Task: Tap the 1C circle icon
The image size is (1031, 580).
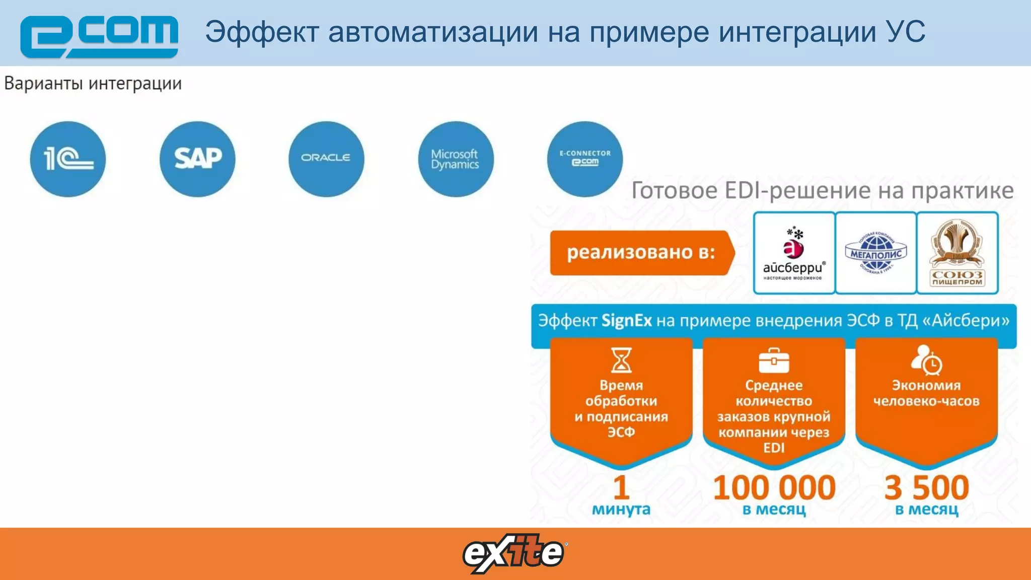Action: (68, 159)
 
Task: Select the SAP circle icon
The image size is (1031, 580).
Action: (197, 159)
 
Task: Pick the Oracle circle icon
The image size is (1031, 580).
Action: (326, 159)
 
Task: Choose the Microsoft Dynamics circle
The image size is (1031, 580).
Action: (456, 159)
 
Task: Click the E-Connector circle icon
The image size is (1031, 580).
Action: (585, 159)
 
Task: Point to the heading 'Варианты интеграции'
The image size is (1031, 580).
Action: (93, 84)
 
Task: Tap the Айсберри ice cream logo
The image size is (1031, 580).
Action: (794, 253)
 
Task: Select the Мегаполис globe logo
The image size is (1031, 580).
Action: (876, 253)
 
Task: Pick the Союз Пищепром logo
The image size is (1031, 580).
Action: (957, 253)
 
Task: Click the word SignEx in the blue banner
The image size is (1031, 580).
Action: (626, 321)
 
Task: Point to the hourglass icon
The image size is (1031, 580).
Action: (621, 360)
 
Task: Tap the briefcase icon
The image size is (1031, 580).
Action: (774, 360)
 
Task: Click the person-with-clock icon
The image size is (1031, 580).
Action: (926, 360)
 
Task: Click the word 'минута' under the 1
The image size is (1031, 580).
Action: (621, 510)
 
